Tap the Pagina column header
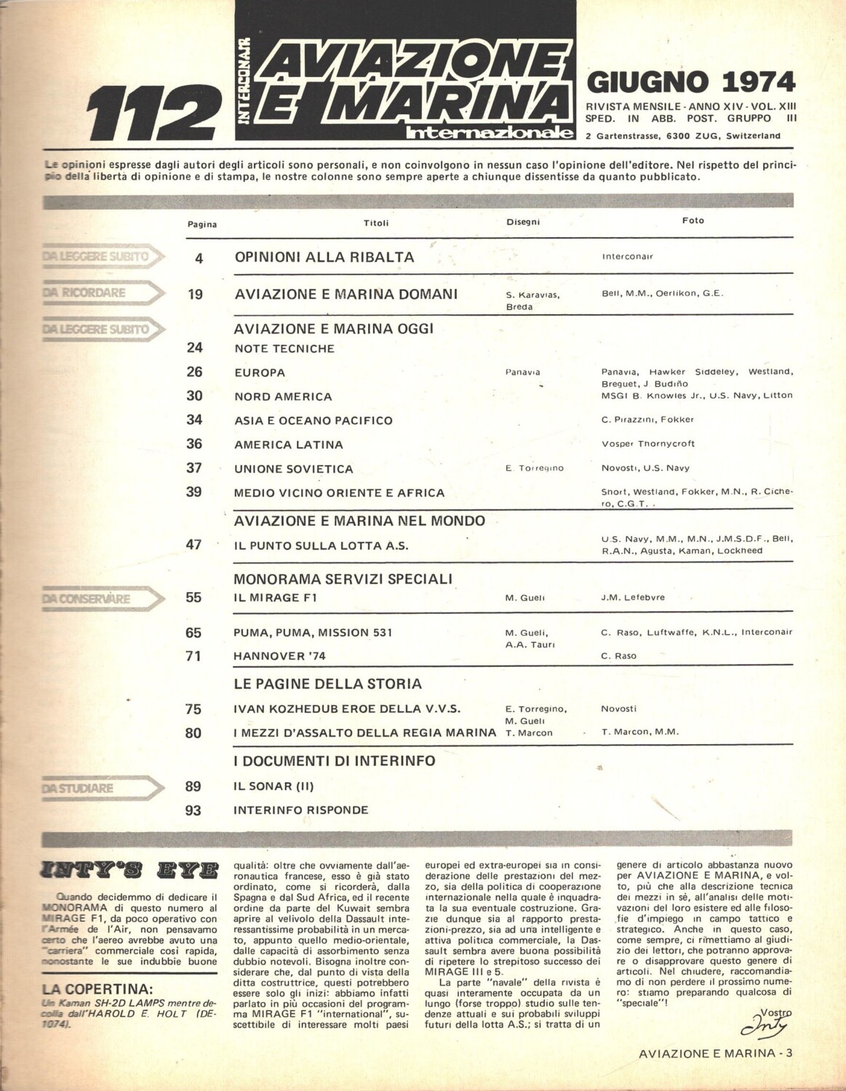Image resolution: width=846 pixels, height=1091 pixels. (201, 225)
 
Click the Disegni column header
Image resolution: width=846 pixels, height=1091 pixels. (523, 223)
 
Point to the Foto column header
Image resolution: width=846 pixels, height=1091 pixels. (693, 220)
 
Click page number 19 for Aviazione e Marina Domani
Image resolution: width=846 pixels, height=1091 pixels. (194, 295)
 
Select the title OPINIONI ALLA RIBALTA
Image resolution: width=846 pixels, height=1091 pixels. (324, 257)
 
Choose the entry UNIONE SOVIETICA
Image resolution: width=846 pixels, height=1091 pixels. (293, 469)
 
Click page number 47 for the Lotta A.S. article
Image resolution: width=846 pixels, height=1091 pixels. (193, 544)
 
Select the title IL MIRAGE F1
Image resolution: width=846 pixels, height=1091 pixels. (275, 598)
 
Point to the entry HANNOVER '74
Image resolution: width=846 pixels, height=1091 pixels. (279, 656)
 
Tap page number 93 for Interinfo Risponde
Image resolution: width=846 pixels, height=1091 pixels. (193, 810)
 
